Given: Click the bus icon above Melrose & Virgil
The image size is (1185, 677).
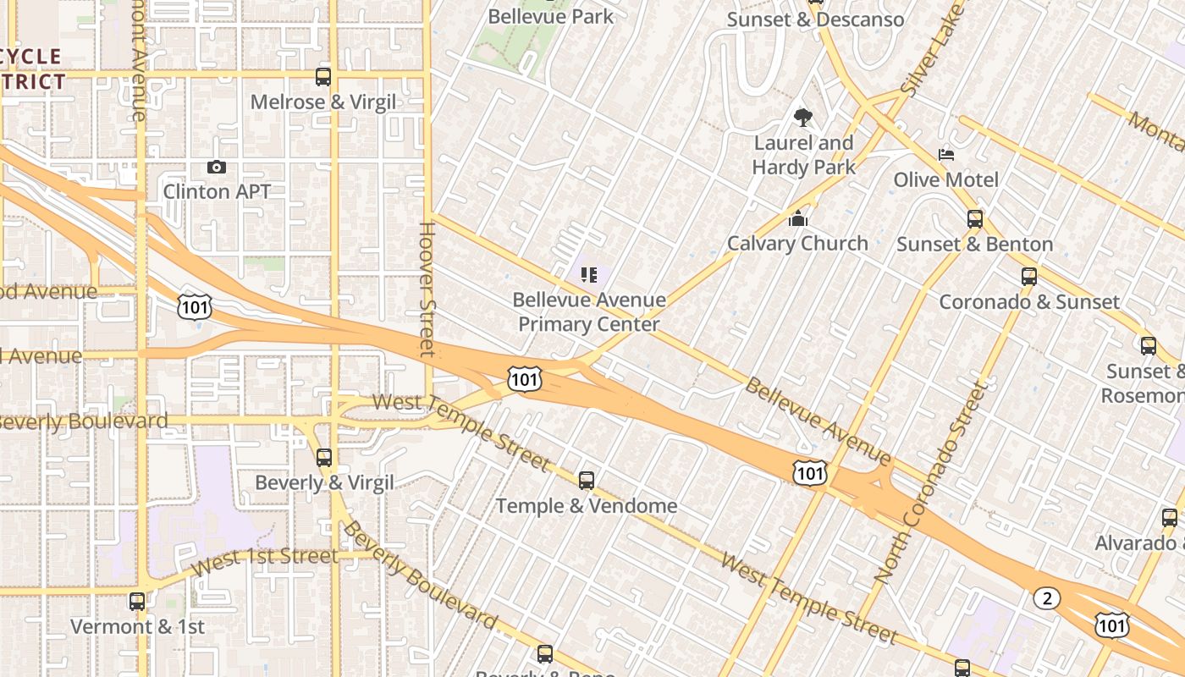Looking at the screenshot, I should [x=322, y=77].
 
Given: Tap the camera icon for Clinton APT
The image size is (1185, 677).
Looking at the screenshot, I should [x=217, y=168].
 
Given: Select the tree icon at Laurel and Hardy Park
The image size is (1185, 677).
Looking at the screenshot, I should [x=802, y=118].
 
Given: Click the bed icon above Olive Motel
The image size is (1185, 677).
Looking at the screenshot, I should [x=946, y=155].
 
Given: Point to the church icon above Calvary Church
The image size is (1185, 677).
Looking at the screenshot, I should [x=797, y=219].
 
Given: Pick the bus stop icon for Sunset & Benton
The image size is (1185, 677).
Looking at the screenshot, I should [x=974, y=219].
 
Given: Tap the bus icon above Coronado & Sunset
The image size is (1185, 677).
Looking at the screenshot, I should [x=1028, y=277].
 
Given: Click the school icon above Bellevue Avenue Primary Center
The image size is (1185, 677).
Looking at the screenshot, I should [x=589, y=274].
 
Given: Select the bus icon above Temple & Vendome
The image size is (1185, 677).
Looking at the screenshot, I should [x=586, y=481].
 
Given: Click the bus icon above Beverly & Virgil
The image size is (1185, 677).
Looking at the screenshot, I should [x=323, y=458].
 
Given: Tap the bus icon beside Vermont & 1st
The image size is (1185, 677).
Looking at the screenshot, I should [x=136, y=602].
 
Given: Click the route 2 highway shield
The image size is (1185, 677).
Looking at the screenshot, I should [x=1047, y=599].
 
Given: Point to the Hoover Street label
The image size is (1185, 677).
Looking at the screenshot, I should [x=427, y=289].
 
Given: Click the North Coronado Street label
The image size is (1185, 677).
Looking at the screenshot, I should [x=931, y=482].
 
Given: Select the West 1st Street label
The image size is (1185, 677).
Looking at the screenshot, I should [x=265, y=561].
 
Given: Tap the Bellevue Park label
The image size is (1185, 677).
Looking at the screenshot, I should [x=551, y=16].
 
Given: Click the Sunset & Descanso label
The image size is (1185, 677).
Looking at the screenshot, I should [x=815, y=19].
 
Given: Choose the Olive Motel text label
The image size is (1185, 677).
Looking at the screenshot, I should [x=946, y=179].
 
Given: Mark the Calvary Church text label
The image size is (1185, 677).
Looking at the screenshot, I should [x=797, y=244].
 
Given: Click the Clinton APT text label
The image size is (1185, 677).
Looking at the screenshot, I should [x=217, y=192].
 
